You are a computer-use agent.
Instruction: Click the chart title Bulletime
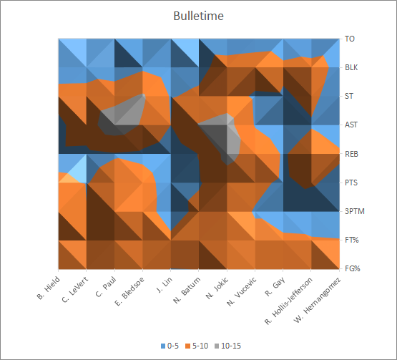199,16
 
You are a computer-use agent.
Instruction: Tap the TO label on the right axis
350,39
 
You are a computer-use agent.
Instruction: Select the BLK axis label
351,67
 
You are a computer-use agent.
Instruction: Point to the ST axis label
349,96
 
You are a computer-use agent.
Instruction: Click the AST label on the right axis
351,125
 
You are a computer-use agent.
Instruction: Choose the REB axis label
351,154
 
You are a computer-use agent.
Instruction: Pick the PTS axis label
351,183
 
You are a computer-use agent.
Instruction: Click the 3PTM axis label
355,211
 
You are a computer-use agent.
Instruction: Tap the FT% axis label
352,240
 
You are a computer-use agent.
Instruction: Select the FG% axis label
353,268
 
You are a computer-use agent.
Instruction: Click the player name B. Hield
49,288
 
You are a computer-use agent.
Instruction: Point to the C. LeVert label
75,290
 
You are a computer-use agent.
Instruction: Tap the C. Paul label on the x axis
106,287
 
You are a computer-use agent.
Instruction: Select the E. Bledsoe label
129,291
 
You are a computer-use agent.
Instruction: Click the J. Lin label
165,285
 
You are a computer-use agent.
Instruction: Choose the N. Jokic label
217,288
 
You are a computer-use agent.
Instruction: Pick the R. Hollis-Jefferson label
288,301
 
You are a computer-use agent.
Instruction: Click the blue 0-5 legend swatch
163,346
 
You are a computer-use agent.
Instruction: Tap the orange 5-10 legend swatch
187,346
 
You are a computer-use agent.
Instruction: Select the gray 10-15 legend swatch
217,346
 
